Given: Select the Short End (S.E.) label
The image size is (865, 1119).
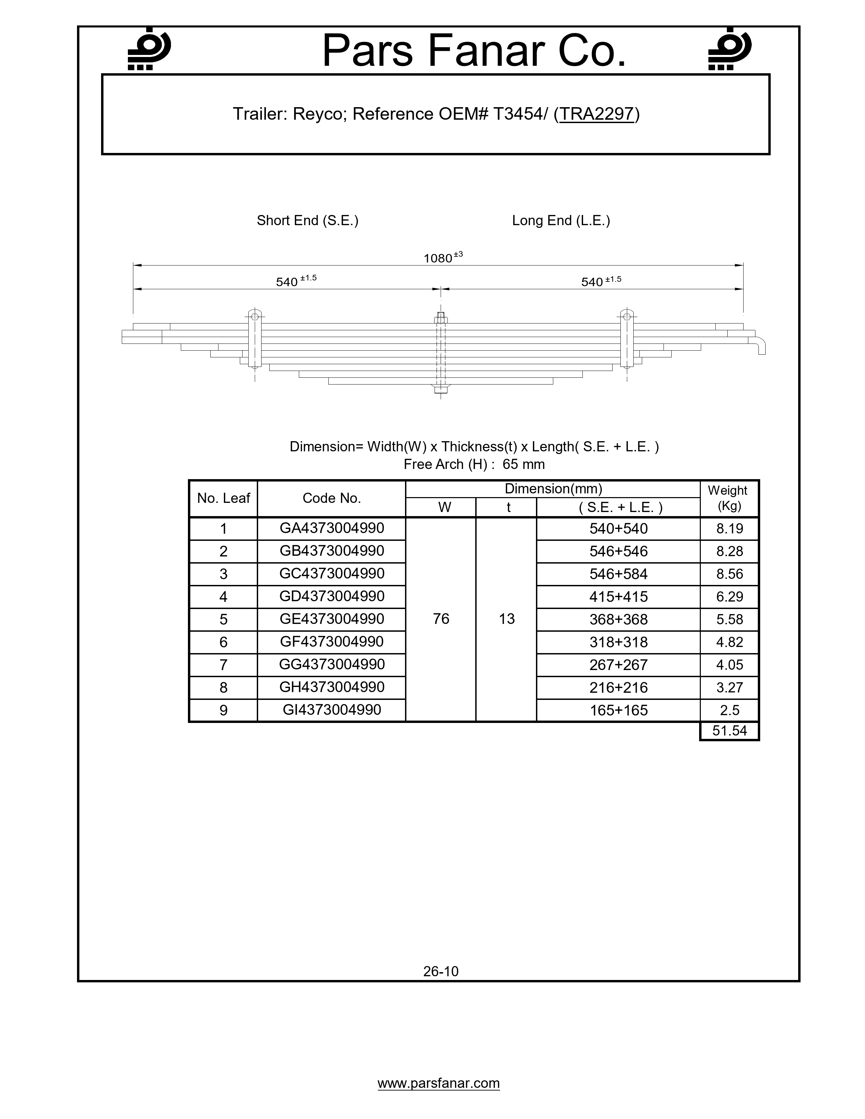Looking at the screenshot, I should coord(307,220).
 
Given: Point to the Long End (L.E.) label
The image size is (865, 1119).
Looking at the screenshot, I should coord(561,220).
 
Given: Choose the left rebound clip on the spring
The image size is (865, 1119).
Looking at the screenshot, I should coord(255,338).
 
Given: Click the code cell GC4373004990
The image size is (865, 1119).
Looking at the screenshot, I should coord(331,573).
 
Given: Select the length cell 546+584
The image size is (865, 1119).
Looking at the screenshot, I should coord(618,574).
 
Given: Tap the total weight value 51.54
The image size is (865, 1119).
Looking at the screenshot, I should coord(730,731).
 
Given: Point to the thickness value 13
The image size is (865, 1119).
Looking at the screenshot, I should coord(507,619).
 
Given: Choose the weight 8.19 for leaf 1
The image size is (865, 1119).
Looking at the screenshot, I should coord(730,528).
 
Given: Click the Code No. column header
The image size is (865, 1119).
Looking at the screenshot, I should coord(331,498).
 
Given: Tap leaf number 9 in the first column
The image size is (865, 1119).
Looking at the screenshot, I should coord(224,710).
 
